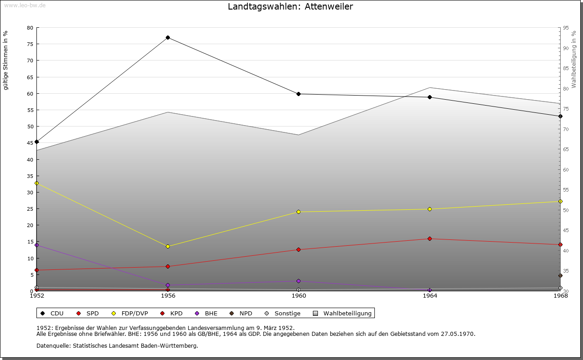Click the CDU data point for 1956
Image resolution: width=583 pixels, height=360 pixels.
coord(168,37)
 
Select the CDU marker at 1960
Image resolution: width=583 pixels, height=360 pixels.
coord(298,94)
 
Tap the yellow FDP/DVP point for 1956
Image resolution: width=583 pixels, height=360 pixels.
coord(168,246)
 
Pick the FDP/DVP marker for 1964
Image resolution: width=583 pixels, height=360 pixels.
coord(430,209)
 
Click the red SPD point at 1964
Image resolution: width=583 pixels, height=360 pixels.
coord(430,238)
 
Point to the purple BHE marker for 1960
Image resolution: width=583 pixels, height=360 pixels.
coord(298,281)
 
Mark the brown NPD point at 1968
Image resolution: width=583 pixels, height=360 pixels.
coord(560,275)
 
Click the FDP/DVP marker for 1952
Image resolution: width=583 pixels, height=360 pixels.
coord(37,183)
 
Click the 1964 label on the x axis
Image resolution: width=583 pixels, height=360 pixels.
coord(430,296)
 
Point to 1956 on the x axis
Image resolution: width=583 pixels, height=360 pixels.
coord(168,296)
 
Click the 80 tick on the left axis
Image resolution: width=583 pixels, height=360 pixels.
coord(30,28)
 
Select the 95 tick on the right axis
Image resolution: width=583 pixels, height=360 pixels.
coord(566,28)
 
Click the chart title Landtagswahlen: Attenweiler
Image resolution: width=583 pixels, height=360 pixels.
coord(290,6)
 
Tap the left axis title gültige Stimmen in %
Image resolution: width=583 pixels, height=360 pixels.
coord(5,60)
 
